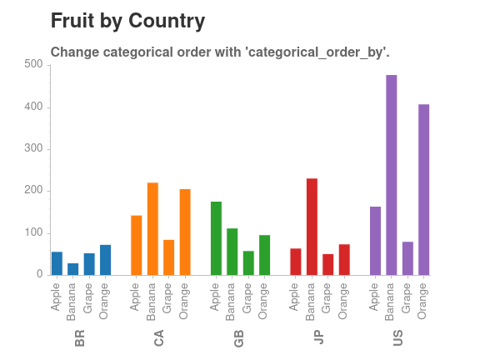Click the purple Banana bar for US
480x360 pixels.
(391, 175)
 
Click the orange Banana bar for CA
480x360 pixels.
(152, 228)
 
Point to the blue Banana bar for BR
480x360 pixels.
(73, 269)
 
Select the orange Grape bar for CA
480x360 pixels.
(168, 257)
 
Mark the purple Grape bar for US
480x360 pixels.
(407, 258)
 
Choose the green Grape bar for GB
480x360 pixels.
(248, 262)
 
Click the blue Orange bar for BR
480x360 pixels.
(105, 260)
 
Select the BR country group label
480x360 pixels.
(80, 339)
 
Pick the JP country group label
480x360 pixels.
(318, 339)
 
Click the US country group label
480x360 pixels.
(398, 339)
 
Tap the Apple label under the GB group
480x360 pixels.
(216, 297)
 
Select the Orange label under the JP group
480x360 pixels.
(343, 300)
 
